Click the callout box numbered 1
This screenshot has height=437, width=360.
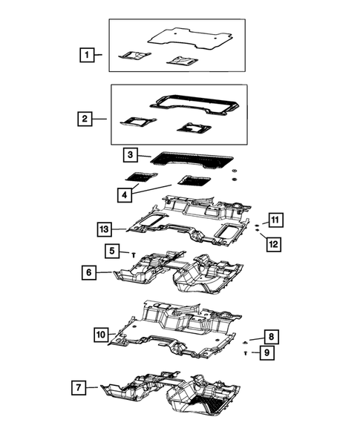(88, 55)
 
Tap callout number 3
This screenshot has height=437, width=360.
(130, 155)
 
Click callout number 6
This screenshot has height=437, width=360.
(88, 273)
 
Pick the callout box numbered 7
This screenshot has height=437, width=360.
(79, 387)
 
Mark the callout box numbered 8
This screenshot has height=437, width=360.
(272, 336)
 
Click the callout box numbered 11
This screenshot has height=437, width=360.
(274, 219)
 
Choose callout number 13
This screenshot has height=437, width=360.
(106, 229)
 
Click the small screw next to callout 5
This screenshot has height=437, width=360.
(132, 254)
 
